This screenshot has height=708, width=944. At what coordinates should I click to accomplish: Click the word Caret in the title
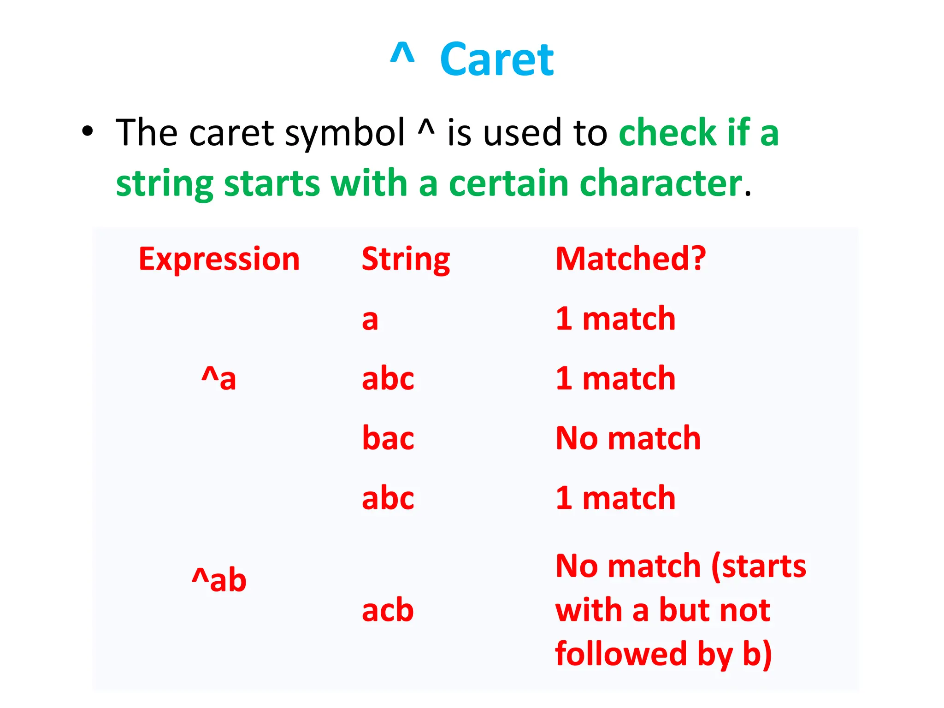coord(496,60)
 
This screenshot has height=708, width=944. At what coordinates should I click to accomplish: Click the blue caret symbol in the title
coord(402,53)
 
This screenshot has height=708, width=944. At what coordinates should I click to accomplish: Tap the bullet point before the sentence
coord(87,132)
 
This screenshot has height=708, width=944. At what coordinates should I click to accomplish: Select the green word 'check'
coord(667,133)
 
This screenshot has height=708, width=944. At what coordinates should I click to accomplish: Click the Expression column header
coord(219,259)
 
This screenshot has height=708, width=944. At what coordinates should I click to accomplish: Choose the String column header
coord(406,259)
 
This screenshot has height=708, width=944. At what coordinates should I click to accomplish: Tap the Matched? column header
coord(630,259)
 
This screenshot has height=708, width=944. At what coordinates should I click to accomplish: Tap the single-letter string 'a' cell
coord(370,319)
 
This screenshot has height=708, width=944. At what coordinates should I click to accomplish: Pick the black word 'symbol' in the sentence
coord(344,134)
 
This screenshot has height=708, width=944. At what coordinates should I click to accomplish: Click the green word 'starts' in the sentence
coord(271,183)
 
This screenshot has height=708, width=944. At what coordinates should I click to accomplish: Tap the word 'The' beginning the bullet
coord(146,133)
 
